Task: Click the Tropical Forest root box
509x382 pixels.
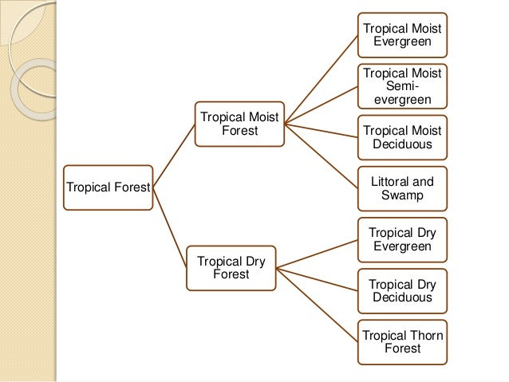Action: (x=109, y=188)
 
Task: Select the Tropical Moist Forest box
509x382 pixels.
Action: (x=240, y=123)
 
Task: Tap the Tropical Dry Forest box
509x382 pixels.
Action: (x=231, y=268)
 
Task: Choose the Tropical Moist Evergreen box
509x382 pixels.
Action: (x=402, y=34)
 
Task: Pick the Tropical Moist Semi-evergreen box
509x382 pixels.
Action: (x=402, y=86)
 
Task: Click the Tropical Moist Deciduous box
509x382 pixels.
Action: (x=402, y=137)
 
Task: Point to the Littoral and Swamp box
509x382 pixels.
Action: (x=402, y=188)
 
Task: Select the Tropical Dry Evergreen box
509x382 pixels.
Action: (x=402, y=239)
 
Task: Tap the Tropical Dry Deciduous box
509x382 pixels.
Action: (x=402, y=290)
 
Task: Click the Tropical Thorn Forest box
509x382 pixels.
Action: (x=402, y=341)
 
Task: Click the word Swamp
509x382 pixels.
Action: (x=402, y=195)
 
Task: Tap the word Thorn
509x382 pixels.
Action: (x=425, y=335)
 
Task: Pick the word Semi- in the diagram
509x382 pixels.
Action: (x=402, y=85)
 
